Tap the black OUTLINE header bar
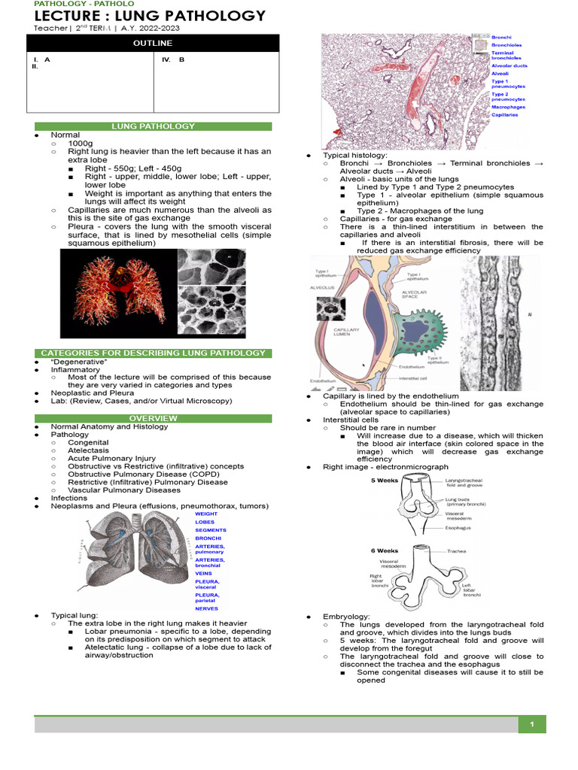coord(153,44)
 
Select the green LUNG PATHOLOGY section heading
coord(154,126)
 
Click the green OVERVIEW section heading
coord(154,418)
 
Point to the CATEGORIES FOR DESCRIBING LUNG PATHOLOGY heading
coord(154,353)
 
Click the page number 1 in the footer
coord(532,724)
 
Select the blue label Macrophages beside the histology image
coord(508,107)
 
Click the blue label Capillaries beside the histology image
coord(504,116)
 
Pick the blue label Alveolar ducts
coord(509,65)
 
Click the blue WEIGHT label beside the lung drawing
coord(205,514)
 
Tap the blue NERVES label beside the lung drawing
coord(206,608)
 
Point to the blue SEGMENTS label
coord(210,530)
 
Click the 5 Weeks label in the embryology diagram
coord(384,480)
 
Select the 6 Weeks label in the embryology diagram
coord(384,550)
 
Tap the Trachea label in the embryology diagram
coord(456,551)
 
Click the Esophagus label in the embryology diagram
coord(458,528)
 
